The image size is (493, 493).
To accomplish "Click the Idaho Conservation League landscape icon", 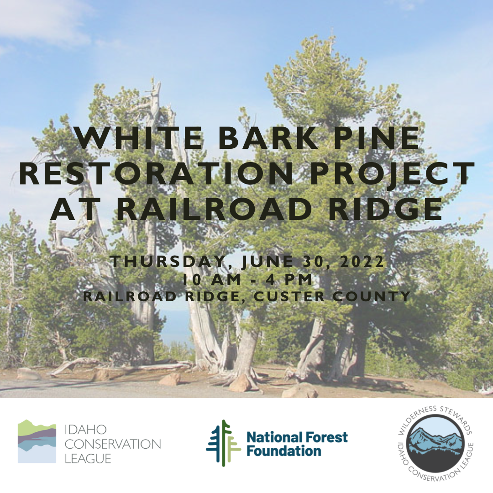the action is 37,441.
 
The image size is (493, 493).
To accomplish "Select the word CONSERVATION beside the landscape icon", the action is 113,444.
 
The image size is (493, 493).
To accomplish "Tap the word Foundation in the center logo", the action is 283,451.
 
